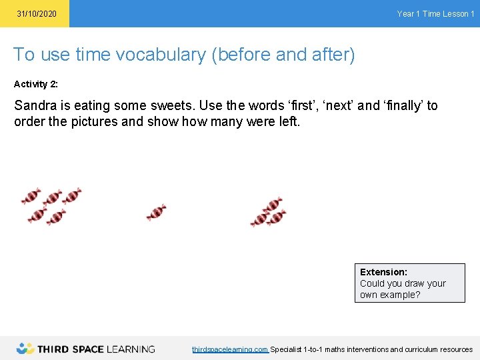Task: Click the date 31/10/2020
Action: point(37,14)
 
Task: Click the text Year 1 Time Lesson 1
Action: point(435,14)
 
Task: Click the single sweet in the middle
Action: point(156,212)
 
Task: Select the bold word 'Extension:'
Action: point(383,272)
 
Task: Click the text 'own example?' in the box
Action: point(390,295)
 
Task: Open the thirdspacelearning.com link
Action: point(230,349)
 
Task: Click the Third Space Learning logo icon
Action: point(25,348)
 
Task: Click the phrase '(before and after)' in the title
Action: point(283,55)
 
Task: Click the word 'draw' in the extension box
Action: point(415,283)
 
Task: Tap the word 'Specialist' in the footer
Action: point(285,349)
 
